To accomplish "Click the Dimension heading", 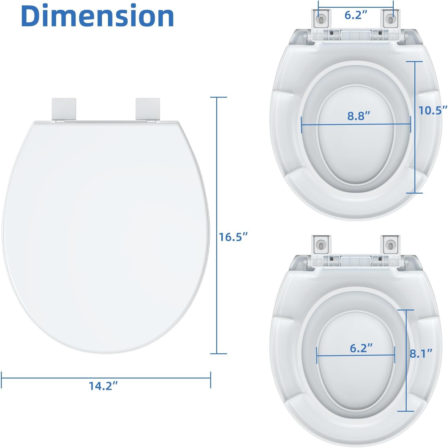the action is tap(97, 16).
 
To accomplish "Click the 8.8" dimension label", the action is tap(359, 116).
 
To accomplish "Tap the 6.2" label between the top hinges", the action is tap(356, 15).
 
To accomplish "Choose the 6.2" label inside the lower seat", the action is tap(361, 348).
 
